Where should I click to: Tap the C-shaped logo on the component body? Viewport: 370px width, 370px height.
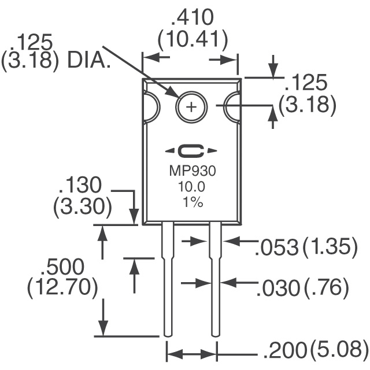pos(191,151)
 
